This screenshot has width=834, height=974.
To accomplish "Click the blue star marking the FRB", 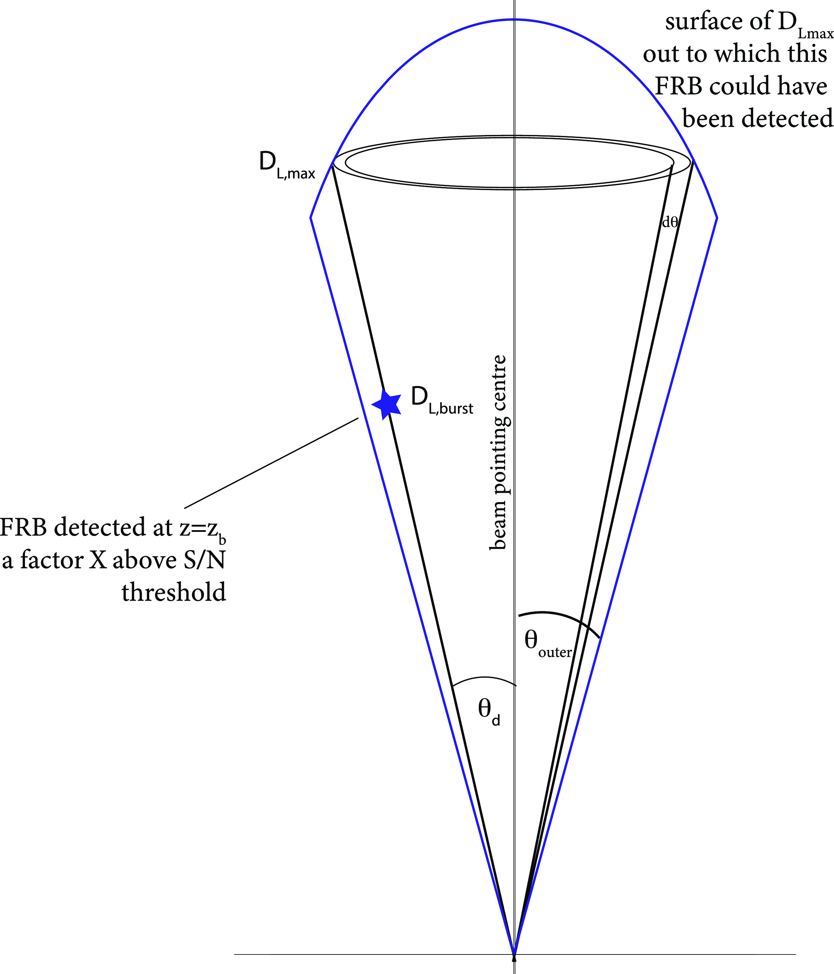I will pos(387,404).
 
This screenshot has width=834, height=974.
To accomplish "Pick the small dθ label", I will pos(669,222).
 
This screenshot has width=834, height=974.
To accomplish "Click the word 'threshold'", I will pos(174,592).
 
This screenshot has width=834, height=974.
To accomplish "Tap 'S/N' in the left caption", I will pos(204,560).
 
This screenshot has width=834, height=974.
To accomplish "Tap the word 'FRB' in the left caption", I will pos(24,528).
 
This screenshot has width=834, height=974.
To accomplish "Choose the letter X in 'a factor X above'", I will pos(98,560).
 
